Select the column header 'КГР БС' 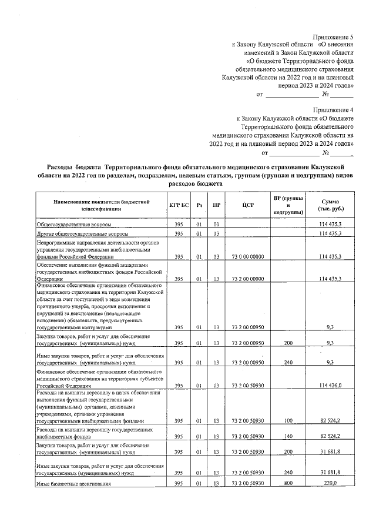[x=179, y=205]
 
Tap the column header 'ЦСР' [x=247, y=205]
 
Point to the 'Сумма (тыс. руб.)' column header [x=331, y=205]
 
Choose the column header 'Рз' [x=200, y=205]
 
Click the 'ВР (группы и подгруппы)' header [x=288, y=205]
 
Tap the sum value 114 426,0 [x=330, y=385]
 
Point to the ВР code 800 [x=288, y=483]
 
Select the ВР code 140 [x=288, y=437]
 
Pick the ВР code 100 [x=288, y=421]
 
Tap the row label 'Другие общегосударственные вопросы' [x=82, y=234]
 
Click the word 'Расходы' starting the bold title [x=61, y=168]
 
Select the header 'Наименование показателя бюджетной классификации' [x=95, y=205]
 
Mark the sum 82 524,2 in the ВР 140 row [x=330, y=437]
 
